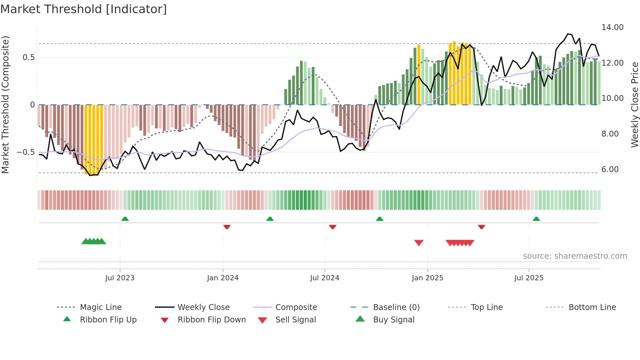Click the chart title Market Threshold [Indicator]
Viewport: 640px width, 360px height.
click(x=84, y=9)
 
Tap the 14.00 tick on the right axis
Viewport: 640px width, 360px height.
click(x=612, y=27)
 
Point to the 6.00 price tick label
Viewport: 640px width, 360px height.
click(x=610, y=170)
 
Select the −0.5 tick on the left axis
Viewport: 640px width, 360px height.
click(x=25, y=152)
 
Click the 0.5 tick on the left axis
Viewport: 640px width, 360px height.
click(x=28, y=57)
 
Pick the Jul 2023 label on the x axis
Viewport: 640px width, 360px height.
click(x=120, y=278)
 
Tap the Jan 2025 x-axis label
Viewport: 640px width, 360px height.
click(x=427, y=278)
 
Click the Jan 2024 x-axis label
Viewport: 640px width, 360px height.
click(x=223, y=278)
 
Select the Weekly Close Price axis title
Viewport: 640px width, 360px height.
click(x=634, y=105)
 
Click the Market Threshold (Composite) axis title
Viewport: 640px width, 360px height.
click(x=5, y=105)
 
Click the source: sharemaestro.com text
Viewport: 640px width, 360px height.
click(x=575, y=256)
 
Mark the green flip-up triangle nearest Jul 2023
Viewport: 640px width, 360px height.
click(x=125, y=219)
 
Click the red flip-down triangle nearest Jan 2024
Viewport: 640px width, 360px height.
click(x=227, y=227)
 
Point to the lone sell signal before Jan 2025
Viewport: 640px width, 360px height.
click(x=419, y=243)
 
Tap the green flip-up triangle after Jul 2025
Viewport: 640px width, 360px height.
click(x=536, y=219)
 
